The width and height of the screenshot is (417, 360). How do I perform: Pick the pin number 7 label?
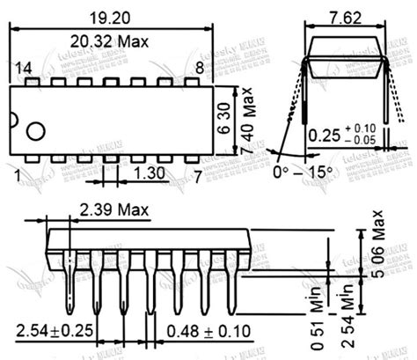pyautogui.click(x=199, y=176)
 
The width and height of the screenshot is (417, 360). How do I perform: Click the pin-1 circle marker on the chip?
pyautogui.click(x=35, y=132)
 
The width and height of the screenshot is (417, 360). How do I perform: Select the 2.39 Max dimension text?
pyautogui.click(x=114, y=209)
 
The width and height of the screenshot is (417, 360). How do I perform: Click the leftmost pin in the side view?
pyautogui.click(x=69, y=282)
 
